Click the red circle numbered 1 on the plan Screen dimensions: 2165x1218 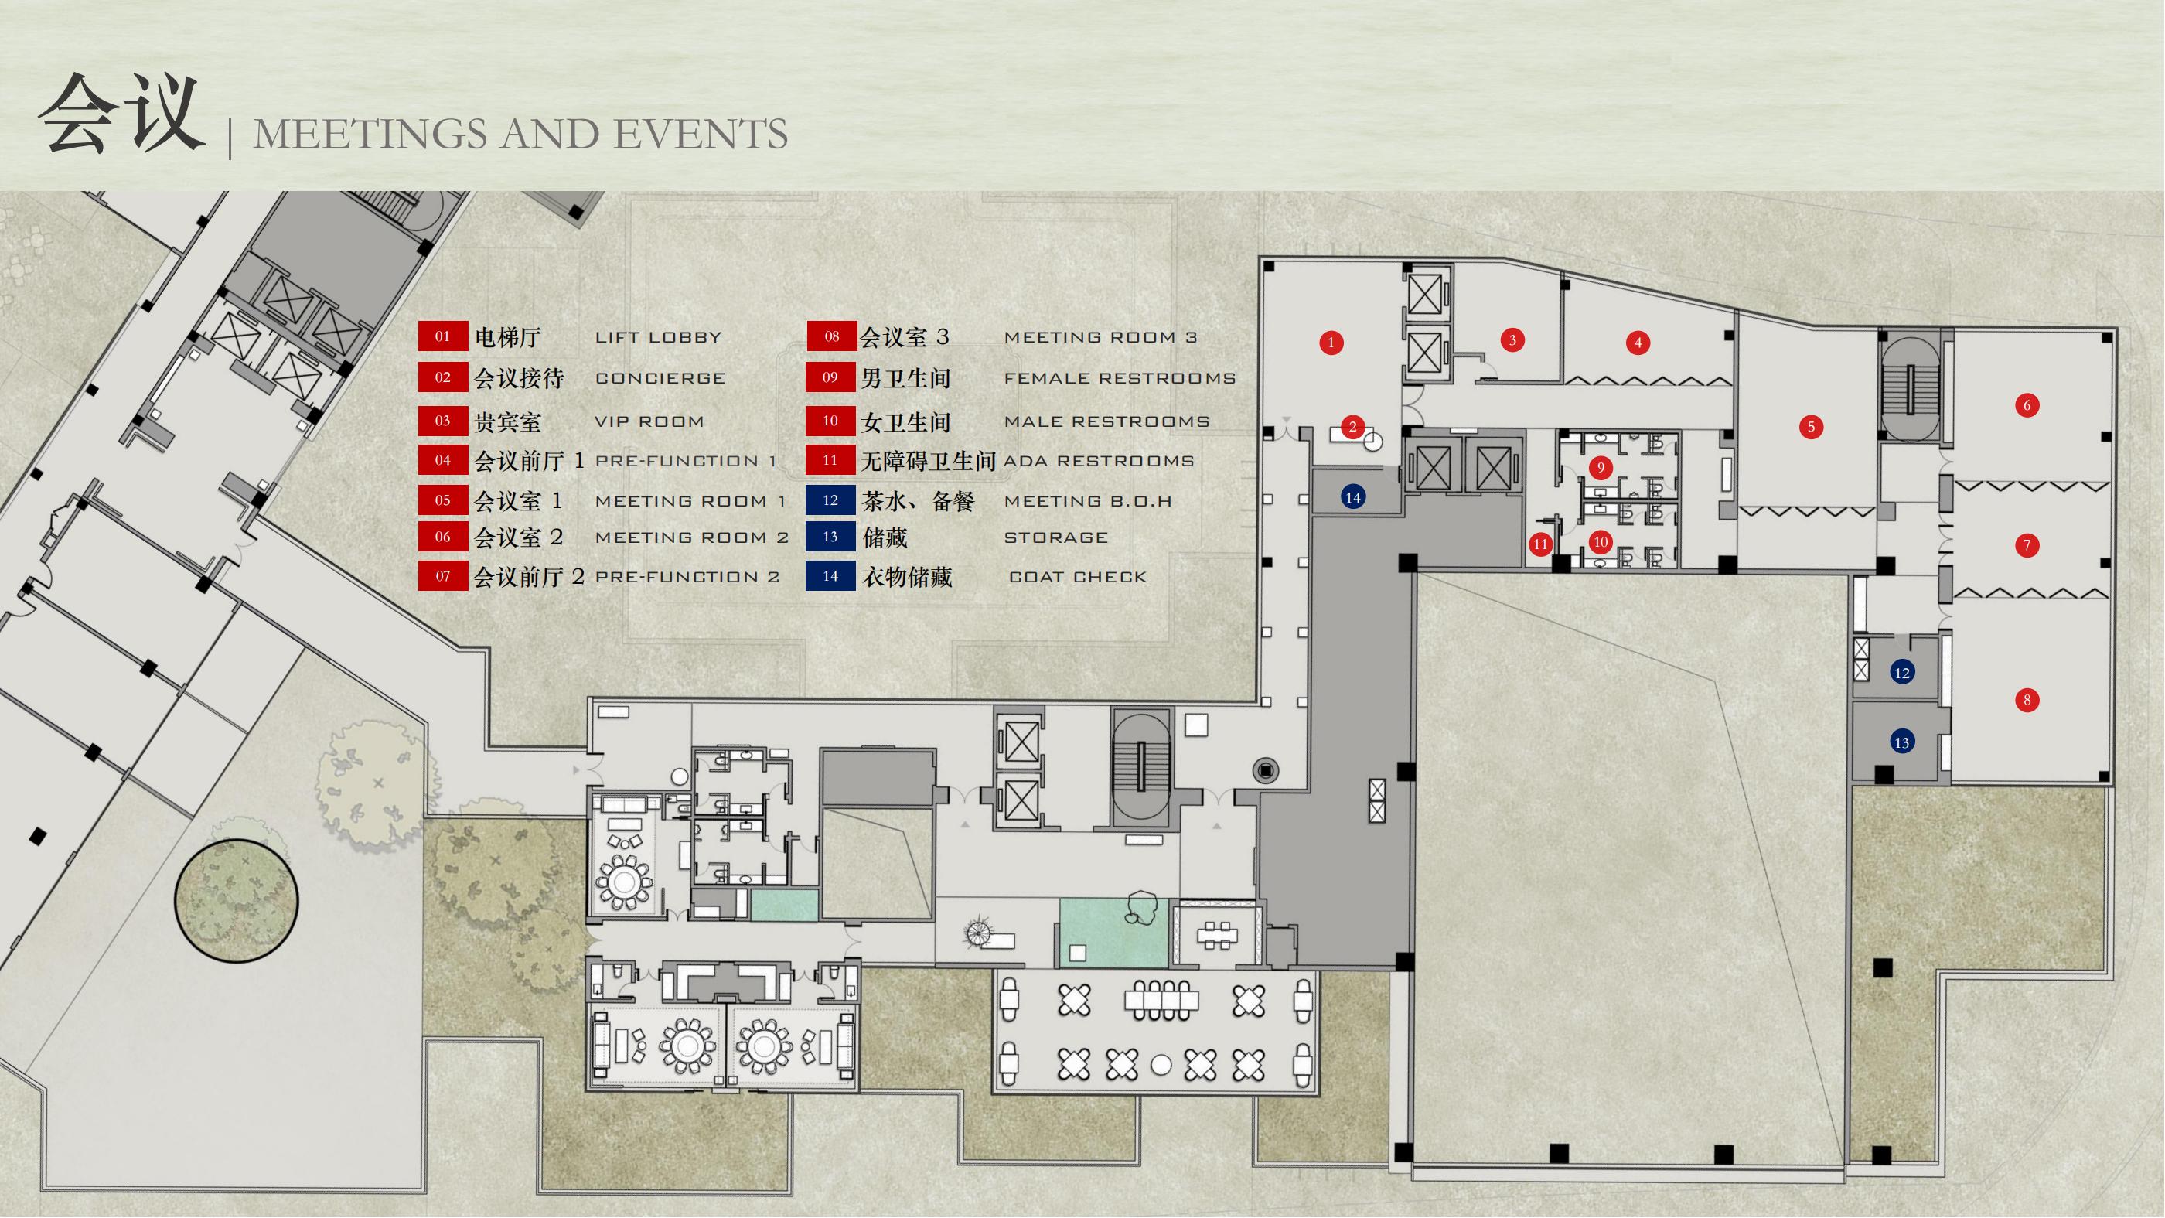1331,342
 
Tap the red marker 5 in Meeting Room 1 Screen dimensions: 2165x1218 1811,426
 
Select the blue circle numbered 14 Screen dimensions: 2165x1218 1353,496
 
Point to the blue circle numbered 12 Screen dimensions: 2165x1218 1902,673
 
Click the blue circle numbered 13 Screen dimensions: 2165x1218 1902,742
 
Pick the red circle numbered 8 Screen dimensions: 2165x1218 2027,699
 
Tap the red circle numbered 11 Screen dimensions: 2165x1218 1540,544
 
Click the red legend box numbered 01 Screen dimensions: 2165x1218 443,336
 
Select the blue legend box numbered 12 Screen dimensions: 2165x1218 830,500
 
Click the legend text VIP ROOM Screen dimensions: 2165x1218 649,421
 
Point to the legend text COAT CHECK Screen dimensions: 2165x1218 1077,577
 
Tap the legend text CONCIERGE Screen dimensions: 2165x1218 660,378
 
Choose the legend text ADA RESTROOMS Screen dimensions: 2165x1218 1099,461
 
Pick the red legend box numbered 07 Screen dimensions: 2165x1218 443,576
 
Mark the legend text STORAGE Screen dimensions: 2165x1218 1055,537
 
